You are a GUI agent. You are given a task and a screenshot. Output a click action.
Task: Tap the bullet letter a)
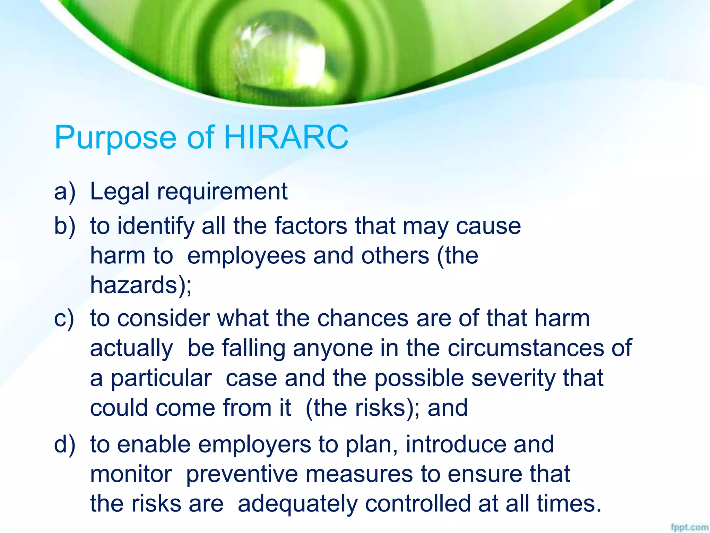64,192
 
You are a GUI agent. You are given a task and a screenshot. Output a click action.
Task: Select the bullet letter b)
64,226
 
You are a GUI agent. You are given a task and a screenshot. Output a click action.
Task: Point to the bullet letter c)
64,318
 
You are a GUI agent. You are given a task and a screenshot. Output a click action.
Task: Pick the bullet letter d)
64,445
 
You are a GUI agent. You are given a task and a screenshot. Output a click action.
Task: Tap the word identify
156,226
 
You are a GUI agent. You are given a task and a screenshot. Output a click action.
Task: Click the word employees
246,256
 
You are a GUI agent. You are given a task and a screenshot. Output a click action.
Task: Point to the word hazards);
141,285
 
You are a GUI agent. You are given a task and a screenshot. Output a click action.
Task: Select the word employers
254,445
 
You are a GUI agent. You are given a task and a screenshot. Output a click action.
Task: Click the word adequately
297,504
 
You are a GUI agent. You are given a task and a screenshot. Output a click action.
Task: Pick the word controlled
417,504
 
